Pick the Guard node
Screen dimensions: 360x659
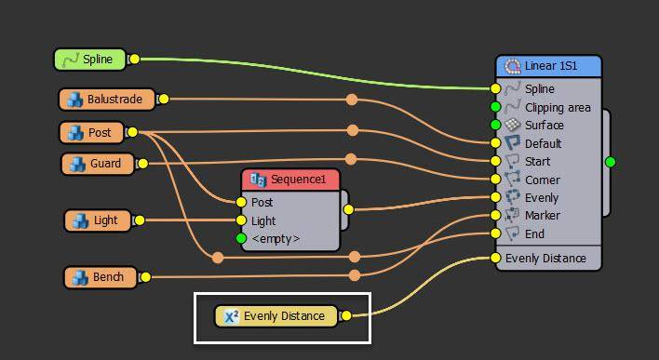coord(98,165)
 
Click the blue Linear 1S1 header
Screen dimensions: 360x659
coord(549,66)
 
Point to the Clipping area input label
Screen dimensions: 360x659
coord(557,108)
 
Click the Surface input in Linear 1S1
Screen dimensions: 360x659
coord(544,126)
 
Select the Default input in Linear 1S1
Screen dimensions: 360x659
coord(543,144)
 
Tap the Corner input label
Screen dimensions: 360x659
coord(542,180)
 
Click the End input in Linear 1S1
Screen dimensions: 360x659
coord(534,233)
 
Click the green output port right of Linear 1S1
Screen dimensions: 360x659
coord(610,162)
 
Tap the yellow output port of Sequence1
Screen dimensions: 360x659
coord(348,209)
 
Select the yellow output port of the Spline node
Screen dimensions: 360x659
coord(133,60)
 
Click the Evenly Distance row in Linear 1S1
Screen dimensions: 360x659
coord(545,258)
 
